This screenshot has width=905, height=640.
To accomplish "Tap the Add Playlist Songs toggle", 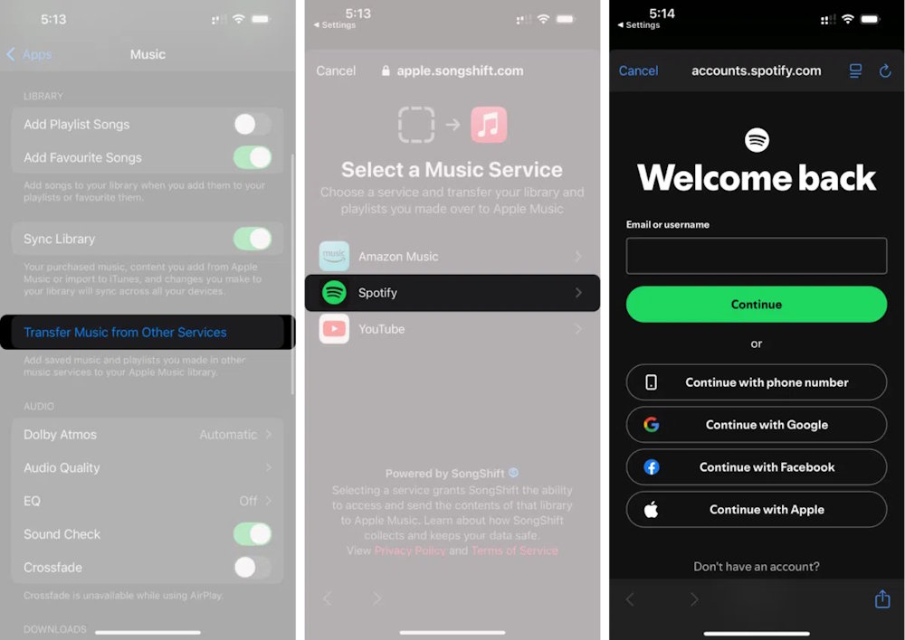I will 252,125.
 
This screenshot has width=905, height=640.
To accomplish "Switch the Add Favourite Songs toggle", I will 252,157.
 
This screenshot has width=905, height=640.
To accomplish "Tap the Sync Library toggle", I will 252,239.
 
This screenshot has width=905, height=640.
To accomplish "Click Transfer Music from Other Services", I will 125,333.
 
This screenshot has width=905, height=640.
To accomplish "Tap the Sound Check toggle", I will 252,534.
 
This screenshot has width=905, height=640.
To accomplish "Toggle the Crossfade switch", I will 252,568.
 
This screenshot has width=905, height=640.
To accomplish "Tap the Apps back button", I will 29,54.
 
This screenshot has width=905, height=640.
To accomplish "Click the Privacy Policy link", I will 410,551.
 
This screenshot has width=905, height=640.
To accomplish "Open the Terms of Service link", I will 514,551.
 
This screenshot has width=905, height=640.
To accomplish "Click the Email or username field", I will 756,256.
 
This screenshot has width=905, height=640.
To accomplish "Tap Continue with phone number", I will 756,382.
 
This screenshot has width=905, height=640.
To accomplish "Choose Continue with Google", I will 756,425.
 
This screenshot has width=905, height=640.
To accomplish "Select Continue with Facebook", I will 756,467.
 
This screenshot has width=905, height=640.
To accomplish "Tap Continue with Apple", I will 756,510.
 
